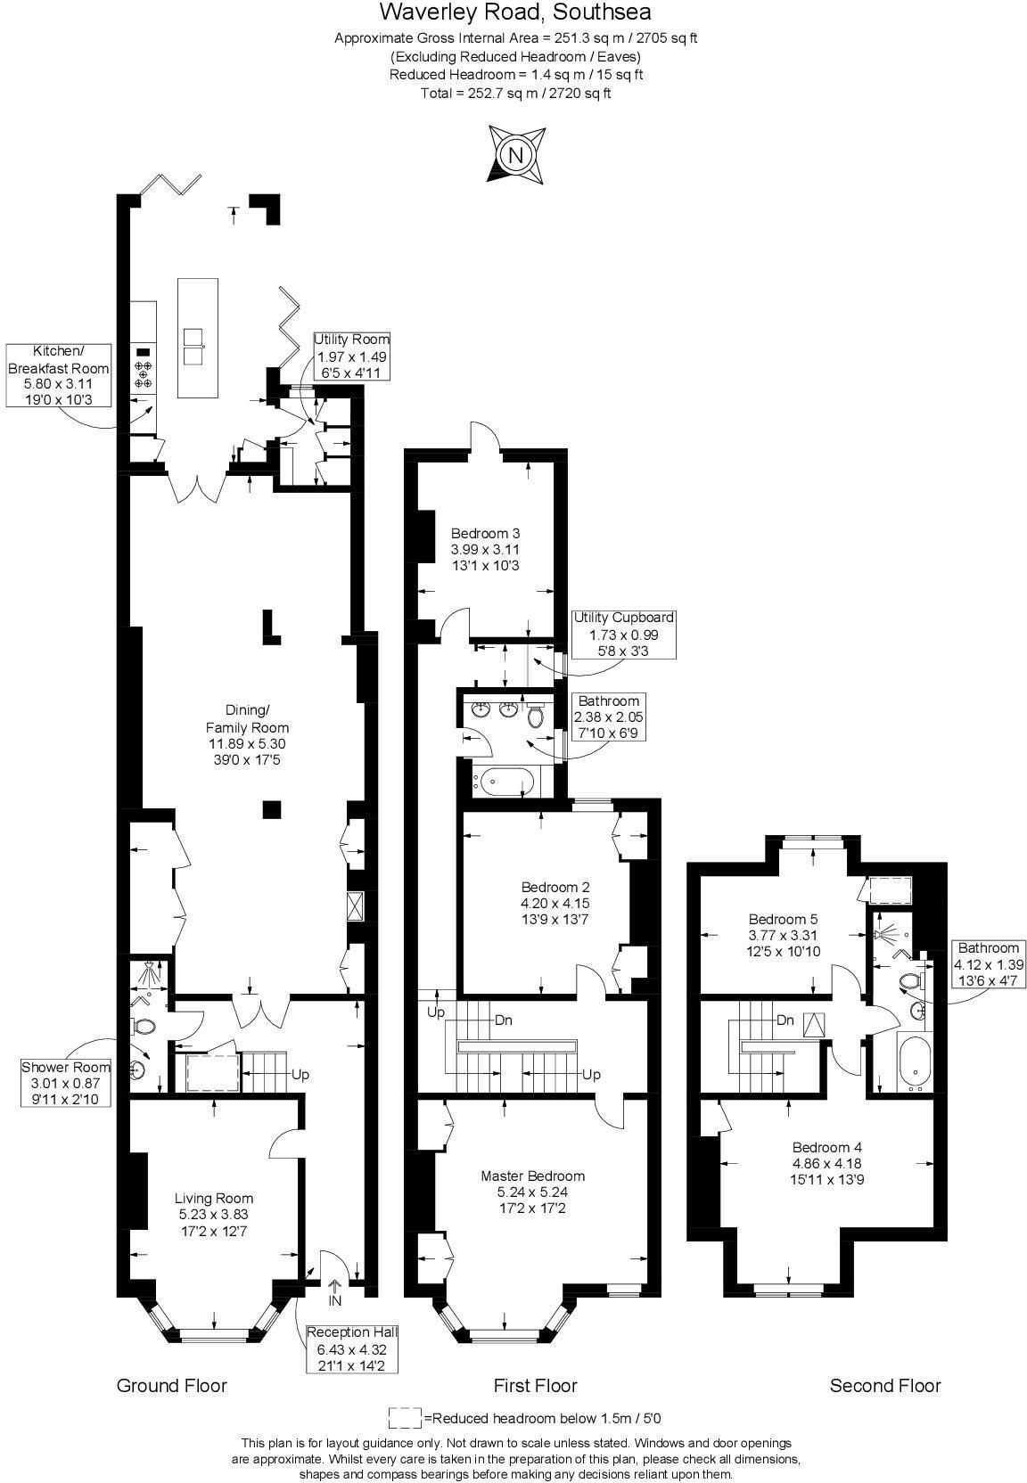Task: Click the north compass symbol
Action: click(x=515, y=156)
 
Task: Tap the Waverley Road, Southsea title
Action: click(x=514, y=12)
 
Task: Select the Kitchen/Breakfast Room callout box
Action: click(x=59, y=374)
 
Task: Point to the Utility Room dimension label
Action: click(x=351, y=356)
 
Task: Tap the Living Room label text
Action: click(x=213, y=1214)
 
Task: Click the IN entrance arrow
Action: click(x=335, y=1292)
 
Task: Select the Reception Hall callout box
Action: click(x=351, y=1348)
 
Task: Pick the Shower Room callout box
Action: click(x=66, y=1082)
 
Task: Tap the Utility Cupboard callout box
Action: click(x=623, y=634)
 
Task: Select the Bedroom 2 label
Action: click(x=555, y=903)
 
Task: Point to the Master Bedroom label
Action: click(x=532, y=1192)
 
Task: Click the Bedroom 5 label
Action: click(x=783, y=935)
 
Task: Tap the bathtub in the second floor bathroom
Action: click(x=916, y=1063)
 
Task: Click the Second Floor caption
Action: click(x=884, y=1385)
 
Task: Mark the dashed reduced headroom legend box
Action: click(x=405, y=1417)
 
